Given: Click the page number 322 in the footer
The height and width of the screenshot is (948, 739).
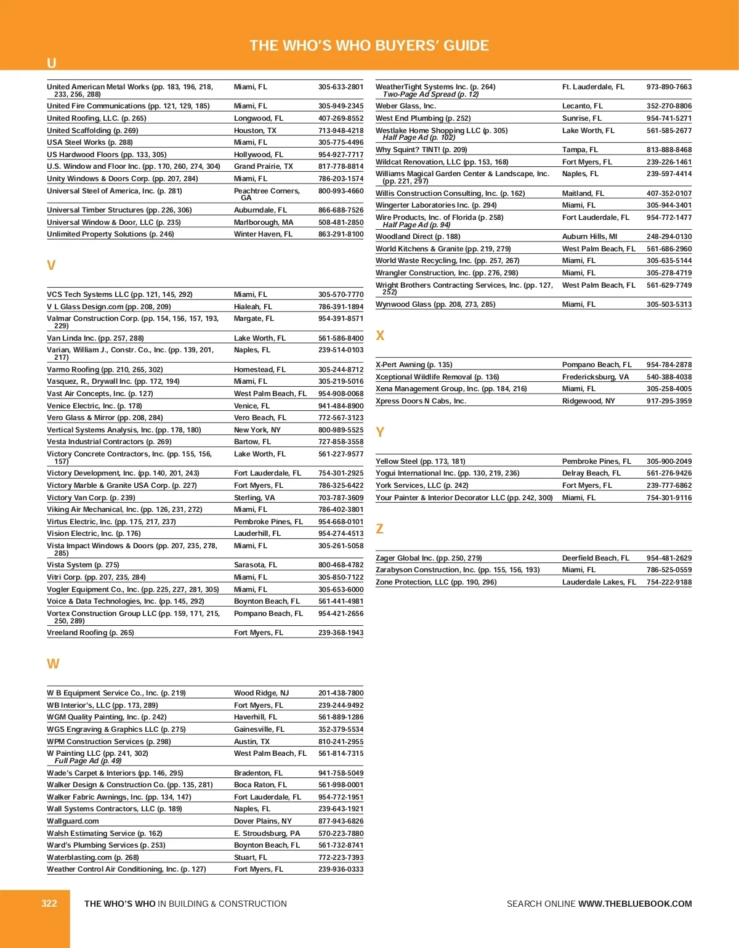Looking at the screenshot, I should [x=49, y=904].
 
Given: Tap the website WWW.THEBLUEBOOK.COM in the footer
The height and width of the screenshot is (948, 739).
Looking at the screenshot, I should [x=635, y=904].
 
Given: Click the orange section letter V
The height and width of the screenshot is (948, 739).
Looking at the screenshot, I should [x=51, y=265].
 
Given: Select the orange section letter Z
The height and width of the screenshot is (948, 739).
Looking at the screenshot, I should [x=379, y=529].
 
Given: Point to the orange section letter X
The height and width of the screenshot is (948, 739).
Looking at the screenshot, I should [x=380, y=336].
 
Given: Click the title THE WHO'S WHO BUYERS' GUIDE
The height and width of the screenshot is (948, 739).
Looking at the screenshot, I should [x=369, y=46].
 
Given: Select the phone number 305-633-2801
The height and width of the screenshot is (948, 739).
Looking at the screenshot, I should [x=341, y=87].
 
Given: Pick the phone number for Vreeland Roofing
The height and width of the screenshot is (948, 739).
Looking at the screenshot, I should [x=341, y=633].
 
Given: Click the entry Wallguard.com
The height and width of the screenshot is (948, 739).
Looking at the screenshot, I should [x=73, y=821].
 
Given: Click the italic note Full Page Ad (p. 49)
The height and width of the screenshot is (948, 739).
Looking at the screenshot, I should [x=88, y=761].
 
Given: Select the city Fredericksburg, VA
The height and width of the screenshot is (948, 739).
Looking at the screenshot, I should [x=596, y=377].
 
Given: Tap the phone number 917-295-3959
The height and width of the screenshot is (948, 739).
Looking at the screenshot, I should [x=669, y=401].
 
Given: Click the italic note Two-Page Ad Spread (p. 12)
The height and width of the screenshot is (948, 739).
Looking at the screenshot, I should [x=430, y=94].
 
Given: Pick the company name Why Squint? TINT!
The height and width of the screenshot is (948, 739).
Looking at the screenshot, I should [x=408, y=150].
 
